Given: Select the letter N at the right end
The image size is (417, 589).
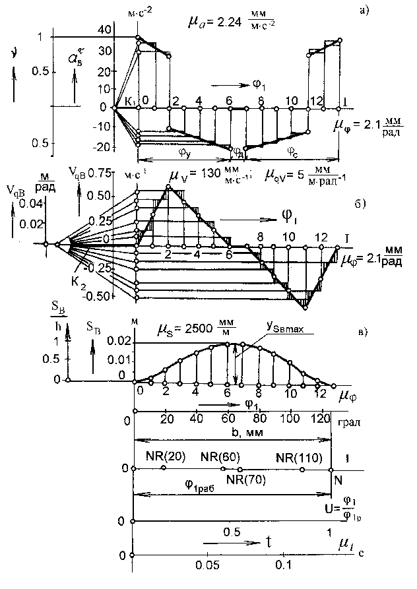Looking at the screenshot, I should coord(338,482).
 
